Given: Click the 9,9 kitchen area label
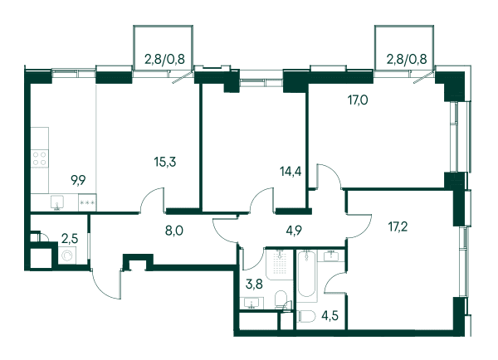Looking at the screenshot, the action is (78, 181).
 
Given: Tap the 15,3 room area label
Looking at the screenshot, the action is (165, 162).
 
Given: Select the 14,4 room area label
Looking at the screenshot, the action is (290, 172).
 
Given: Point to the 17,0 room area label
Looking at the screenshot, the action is (358, 100).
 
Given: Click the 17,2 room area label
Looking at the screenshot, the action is (398, 227).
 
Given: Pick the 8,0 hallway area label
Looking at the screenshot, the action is (174, 231).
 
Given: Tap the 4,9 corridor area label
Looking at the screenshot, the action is (293, 231).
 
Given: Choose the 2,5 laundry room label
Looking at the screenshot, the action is (70, 239).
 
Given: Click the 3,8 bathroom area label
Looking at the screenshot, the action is (254, 284).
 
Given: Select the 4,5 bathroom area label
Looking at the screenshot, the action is (330, 316).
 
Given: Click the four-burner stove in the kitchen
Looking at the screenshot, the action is (40, 159).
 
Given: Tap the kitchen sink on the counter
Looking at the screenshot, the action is (57, 202).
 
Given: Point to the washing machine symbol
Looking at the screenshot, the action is (67, 255).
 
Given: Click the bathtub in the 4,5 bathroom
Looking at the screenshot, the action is (306, 274).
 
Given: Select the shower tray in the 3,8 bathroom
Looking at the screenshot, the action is (279, 265).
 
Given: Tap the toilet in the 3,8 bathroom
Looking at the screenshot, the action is (281, 299).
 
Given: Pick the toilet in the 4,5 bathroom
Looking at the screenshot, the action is (306, 317).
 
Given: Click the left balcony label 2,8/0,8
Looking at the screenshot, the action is (164, 59).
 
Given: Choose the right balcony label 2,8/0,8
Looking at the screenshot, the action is (407, 59).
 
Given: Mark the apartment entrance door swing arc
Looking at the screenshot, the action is (102, 289).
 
